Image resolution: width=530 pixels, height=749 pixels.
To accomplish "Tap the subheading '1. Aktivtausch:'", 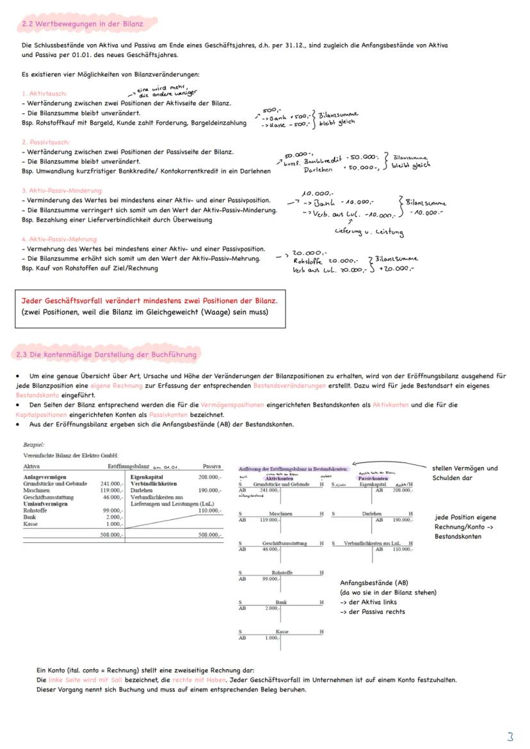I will [44, 93].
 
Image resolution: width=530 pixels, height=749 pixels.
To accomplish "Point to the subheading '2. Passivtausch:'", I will [45, 142].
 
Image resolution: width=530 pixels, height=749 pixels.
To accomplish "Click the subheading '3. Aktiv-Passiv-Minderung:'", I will [61, 191].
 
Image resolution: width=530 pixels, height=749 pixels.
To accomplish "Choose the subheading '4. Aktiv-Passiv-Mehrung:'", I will [58, 239].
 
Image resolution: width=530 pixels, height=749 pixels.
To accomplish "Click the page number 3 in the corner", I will [510, 736].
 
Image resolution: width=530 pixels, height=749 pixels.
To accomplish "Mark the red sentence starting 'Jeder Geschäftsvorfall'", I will [149, 301].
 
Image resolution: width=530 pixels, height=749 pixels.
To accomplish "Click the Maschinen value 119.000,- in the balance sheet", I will [111, 491].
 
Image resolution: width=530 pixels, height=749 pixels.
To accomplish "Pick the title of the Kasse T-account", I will [281, 631].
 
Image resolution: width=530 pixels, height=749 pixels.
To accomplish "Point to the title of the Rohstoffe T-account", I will [282, 572].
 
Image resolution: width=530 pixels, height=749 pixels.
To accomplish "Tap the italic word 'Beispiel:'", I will [34, 445].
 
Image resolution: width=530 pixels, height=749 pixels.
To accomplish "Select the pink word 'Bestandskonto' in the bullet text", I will [38, 395].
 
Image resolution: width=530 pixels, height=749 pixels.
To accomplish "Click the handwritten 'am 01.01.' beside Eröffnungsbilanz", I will [166, 467].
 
